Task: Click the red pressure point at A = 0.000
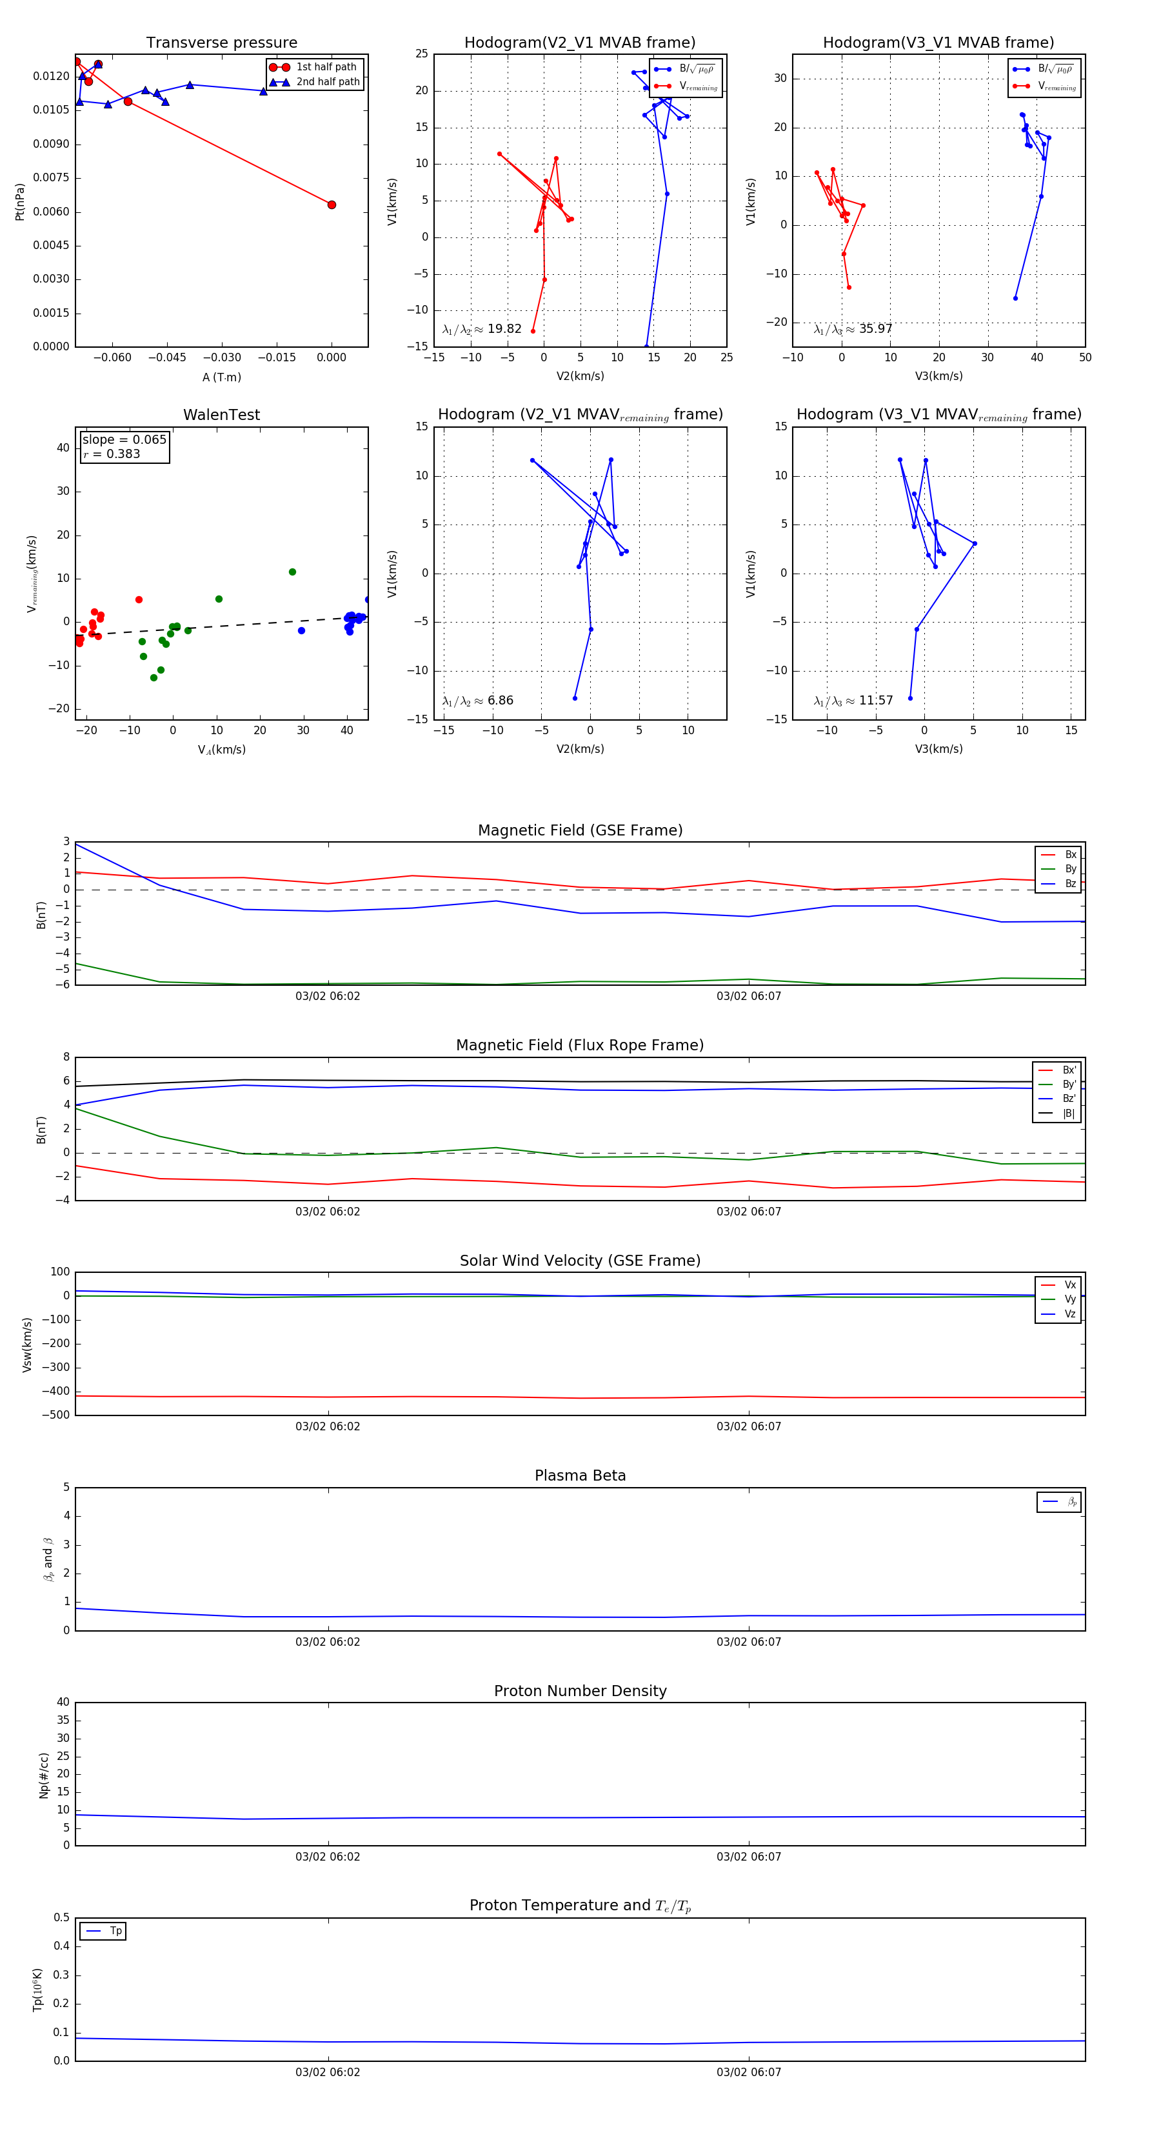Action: pos(332,205)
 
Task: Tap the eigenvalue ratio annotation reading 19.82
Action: pos(482,329)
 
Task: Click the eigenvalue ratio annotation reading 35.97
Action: pos(853,329)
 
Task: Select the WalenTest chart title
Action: pos(221,415)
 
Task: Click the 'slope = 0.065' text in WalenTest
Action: pos(124,440)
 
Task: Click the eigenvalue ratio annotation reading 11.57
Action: pos(853,701)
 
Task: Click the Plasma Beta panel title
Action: pos(580,1476)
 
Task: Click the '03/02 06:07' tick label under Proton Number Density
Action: pos(748,1856)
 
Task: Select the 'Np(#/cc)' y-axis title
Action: pos(44,1775)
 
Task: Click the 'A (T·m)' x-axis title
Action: pos(221,377)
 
